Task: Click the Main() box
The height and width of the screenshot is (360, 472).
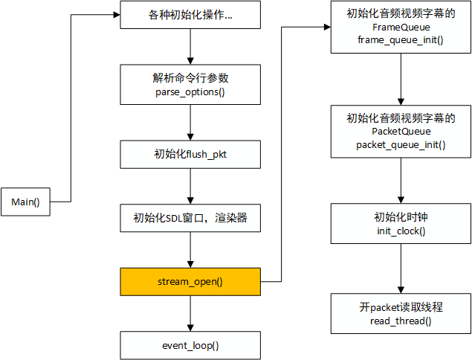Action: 25,202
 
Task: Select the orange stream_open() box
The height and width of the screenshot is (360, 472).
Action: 190,282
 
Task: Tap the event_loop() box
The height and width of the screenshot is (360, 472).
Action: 190,346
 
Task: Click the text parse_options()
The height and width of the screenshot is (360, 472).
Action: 190,92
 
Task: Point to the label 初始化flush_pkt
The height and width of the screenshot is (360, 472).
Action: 190,154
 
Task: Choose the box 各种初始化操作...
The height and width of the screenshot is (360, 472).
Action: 190,15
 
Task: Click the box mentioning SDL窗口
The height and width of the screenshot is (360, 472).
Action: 190,218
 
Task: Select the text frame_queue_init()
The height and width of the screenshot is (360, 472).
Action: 401,40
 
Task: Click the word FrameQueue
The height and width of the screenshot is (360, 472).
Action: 401,28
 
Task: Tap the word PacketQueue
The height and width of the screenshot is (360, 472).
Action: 401,132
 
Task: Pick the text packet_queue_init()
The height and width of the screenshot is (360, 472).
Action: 401,145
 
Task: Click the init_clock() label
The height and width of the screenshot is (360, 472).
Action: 401,231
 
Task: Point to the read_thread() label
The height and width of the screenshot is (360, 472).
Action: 401,321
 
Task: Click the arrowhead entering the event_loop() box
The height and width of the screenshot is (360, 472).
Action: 190,328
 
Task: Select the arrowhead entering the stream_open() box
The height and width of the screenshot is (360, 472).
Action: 190,264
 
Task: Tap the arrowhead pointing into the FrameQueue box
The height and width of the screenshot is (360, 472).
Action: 327,27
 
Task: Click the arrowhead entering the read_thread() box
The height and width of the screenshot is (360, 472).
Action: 401,290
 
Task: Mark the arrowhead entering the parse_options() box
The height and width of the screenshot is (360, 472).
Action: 190,61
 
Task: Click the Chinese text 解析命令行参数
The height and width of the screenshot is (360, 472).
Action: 190,78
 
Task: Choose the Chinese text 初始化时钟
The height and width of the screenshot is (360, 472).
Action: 401,217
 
